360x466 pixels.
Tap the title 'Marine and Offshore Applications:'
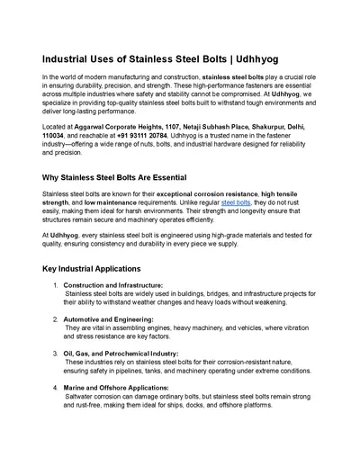click(x=115, y=388)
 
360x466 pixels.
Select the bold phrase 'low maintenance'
click(x=102, y=202)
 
